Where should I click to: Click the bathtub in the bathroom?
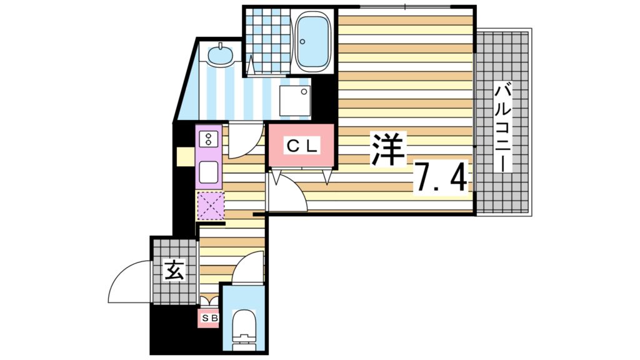[312, 43]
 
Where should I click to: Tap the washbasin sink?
[220, 56]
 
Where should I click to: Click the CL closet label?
[302, 146]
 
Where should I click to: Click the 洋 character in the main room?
[389, 149]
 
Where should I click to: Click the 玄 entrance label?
[174, 271]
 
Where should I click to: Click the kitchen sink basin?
[209, 169]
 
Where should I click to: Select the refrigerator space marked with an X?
[210, 206]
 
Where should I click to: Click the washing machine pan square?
[294, 100]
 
